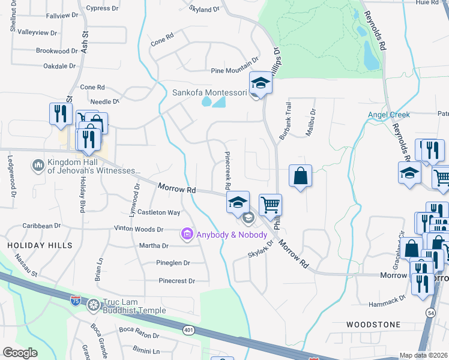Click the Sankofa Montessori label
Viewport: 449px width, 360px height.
point(209,92)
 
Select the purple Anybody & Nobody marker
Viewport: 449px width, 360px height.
point(187,233)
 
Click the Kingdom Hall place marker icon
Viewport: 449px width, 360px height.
point(38,164)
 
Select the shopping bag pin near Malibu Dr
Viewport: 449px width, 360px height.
point(300,176)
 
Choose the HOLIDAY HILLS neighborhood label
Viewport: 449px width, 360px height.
point(40,245)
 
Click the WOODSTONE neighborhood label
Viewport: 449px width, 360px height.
point(373,325)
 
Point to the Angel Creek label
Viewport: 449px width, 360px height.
point(389,115)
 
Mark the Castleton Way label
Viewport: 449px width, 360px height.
point(159,212)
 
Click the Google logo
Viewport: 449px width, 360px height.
point(20,353)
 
